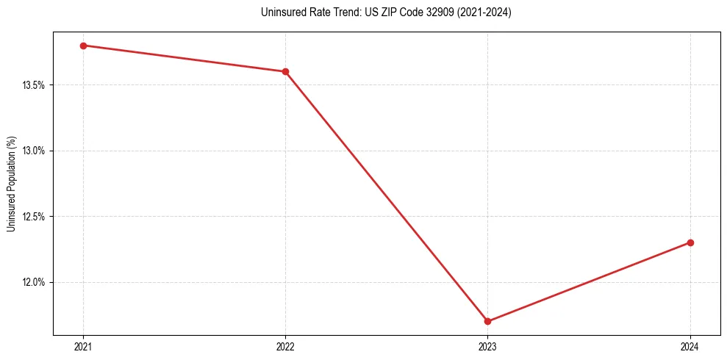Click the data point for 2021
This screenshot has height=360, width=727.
(x=83, y=46)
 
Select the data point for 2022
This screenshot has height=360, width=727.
(x=285, y=71)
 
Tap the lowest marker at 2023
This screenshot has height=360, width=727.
(x=487, y=321)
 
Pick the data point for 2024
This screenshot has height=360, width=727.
(x=690, y=242)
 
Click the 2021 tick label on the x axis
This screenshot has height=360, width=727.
(x=83, y=347)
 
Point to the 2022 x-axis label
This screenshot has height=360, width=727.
(x=285, y=347)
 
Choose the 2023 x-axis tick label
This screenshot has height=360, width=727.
(x=487, y=347)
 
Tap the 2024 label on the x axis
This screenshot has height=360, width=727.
(x=690, y=347)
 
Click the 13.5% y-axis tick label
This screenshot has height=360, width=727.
(x=33, y=85)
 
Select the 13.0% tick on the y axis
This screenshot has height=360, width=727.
(x=33, y=151)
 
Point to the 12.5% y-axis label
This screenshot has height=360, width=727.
(x=33, y=217)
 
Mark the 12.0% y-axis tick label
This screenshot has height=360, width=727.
(x=33, y=282)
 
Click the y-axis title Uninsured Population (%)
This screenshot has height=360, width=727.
(x=11, y=184)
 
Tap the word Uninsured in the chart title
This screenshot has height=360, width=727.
(x=280, y=12)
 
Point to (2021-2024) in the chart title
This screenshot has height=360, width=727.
(x=479, y=12)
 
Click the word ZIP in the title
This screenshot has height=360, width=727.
(x=373, y=12)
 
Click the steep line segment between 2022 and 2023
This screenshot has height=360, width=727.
(x=386, y=196)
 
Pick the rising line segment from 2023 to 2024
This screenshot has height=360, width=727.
(x=589, y=282)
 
